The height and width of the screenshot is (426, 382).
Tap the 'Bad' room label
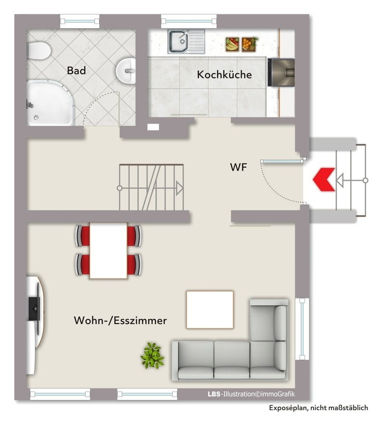[x=76, y=71]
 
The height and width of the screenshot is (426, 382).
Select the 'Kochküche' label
[x=224, y=75]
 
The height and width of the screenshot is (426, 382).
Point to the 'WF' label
[x=239, y=167]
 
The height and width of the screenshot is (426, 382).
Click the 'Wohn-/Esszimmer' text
[x=120, y=320]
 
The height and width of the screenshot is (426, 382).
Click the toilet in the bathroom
[x=38, y=50]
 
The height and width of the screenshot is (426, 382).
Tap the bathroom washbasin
[x=126, y=71]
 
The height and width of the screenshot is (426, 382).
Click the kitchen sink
[x=186, y=41]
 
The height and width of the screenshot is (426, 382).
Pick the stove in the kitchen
[x=281, y=72]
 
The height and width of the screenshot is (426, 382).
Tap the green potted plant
[x=152, y=355]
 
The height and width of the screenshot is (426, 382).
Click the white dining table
[x=108, y=250]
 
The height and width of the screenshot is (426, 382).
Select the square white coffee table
[x=210, y=310]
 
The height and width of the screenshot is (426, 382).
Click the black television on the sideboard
[x=34, y=309]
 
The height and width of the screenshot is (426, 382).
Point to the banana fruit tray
[x=232, y=44]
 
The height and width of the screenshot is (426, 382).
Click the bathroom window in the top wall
[x=79, y=21]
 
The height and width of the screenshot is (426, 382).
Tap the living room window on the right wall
[x=302, y=329]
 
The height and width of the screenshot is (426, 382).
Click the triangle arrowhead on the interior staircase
[x=180, y=188]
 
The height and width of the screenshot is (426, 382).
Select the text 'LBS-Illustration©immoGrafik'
[x=251, y=394]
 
